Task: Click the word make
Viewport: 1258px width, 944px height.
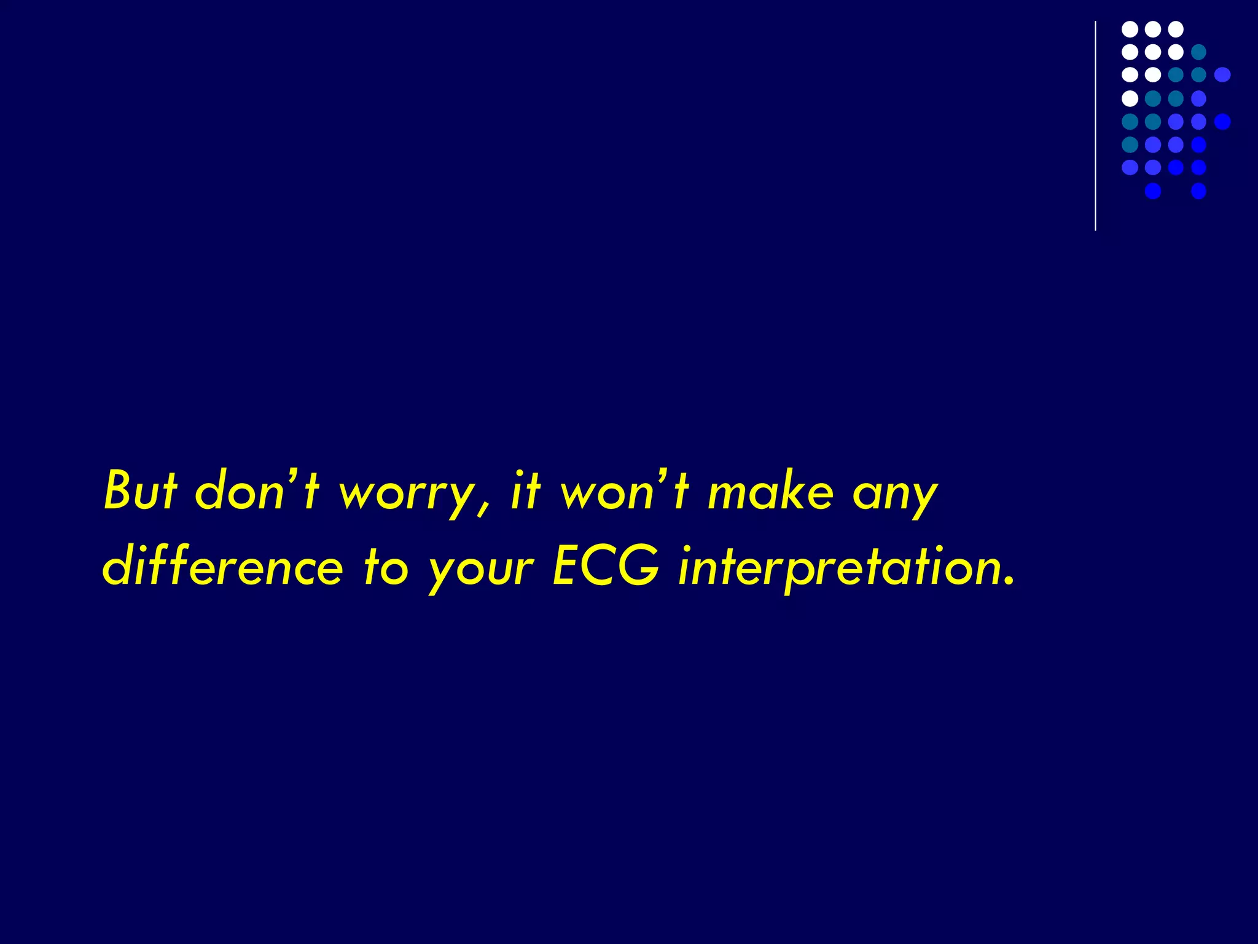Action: pyautogui.click(x=770, y=492)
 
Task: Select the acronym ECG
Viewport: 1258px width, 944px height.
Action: pyautogui.click(x=606, y=565)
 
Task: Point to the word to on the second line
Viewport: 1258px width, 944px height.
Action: pyautogui.click(x=385, y=567)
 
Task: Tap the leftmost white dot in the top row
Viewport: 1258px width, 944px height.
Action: pyautogui.click(x=1130, y=29)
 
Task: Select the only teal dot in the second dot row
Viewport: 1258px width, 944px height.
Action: pyautogui.click(x=1198, y=52)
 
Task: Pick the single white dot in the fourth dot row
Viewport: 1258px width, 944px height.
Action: pyautogui.click(x=1130, y=98)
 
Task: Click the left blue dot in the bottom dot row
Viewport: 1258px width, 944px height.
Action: pyautogui.click(x=1153, y=191)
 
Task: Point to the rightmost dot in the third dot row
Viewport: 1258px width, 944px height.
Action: pyautogui.click(x=1222, y=75)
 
